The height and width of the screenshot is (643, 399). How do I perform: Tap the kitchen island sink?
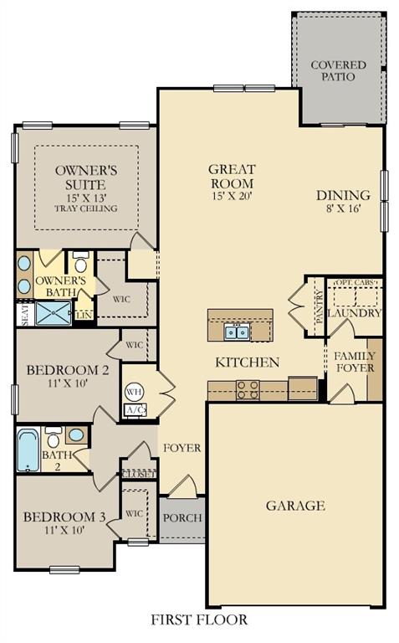(237, 332)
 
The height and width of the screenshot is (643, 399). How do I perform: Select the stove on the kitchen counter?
(248, 389)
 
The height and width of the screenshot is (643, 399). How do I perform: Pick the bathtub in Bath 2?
(28, 450)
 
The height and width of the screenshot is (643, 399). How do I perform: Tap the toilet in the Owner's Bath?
(80, 262)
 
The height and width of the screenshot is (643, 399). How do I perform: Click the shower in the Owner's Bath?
(54, 313)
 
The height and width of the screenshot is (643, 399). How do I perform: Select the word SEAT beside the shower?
(25, 315)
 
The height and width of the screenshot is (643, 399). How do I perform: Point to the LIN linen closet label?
(84, 315)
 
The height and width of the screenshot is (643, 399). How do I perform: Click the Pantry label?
(320, 307)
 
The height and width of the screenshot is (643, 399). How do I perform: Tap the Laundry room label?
(355, 313)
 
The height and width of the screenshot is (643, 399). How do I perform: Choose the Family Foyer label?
(356, 362)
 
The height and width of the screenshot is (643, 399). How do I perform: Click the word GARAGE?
(295, 506)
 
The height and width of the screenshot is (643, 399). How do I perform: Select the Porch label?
(182, 518)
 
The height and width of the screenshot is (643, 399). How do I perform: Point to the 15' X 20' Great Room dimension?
(232, 196)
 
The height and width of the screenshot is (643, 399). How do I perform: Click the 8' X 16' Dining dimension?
(343, 208)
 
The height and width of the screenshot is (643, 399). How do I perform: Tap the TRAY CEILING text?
(86, 208)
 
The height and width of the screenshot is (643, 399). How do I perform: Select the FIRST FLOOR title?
(199, 620)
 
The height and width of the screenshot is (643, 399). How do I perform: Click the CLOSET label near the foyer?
(140, 475)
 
